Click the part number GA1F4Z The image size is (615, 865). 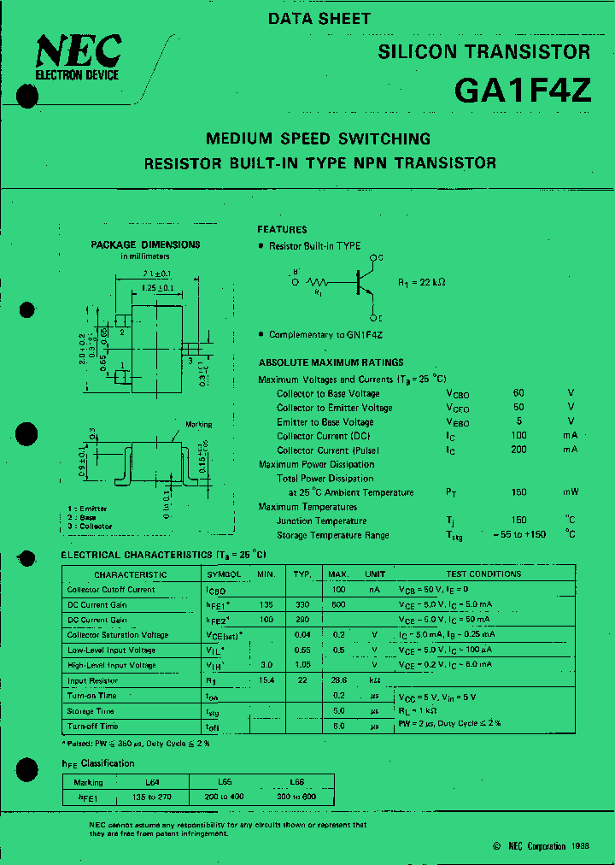coord(522,90)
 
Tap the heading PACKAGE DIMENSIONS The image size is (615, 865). coord(145,244)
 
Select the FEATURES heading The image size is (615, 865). coord(282,229)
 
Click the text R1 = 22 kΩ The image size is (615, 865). coord(422,281)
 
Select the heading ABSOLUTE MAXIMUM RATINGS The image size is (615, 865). coord(331,362)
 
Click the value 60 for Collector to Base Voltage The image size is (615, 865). coord(518,393)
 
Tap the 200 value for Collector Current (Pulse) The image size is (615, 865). coord(518,450)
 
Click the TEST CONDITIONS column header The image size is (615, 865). coord(483,574)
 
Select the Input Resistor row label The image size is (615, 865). coord(92,680)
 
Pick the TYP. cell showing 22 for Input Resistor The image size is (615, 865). coord(302,680)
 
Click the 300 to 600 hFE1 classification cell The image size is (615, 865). coord(297,796)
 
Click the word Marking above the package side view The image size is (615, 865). coord(198,425)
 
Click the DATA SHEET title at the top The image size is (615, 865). coord(319,18)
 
